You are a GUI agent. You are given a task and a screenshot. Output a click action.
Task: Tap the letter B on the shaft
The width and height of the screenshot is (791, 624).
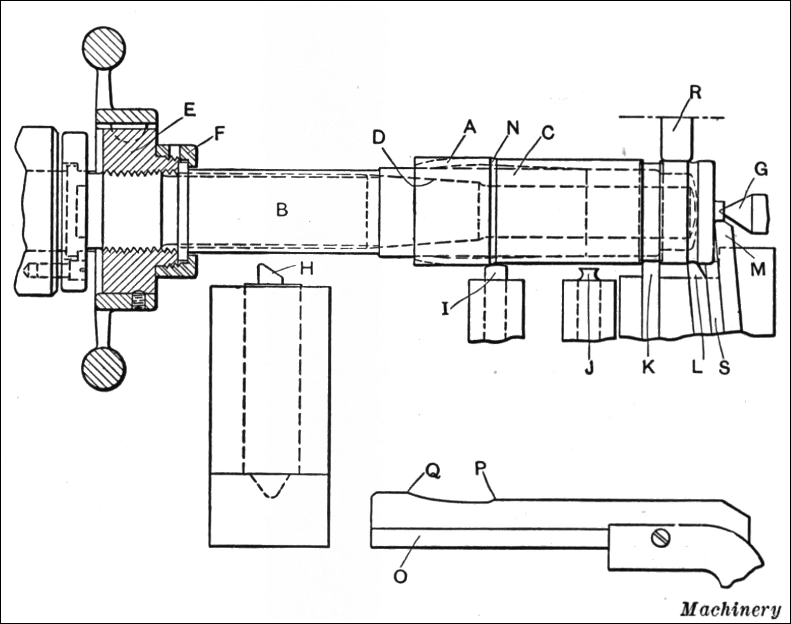(x=282, y=209)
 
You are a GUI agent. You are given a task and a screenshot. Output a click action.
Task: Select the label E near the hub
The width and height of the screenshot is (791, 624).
(x=189, y=110)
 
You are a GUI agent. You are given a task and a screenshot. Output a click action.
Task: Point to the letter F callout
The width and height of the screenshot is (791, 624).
(x=219, y=133)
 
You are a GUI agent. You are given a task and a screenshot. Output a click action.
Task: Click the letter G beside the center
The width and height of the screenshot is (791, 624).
(x=760, y=169)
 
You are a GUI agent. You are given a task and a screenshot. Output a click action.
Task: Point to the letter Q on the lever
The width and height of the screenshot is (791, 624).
(x=432, y=472)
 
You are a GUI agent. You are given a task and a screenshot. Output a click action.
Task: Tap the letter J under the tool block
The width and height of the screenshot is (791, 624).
(x=589, y=367)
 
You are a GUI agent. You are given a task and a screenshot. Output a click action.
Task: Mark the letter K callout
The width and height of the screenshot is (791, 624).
(x=648, y=367)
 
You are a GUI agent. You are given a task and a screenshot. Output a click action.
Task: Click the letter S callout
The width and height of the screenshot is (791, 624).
(x=724, y=367)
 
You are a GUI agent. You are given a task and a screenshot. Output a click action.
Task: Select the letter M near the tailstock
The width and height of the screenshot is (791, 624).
(x=757, y=269)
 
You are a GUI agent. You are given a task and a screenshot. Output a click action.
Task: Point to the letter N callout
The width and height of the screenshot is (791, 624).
(x=513, y=128)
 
